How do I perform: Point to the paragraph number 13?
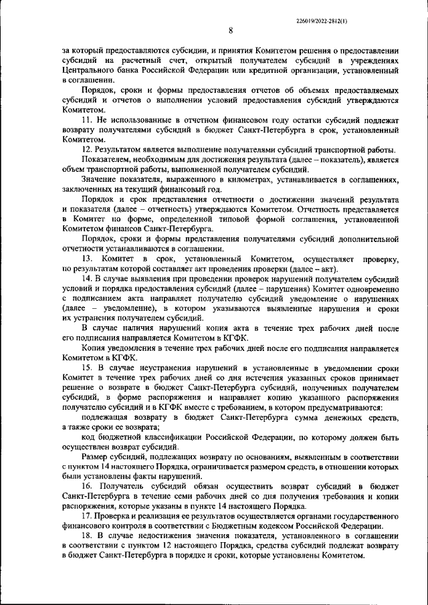click(x=88, y=258)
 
